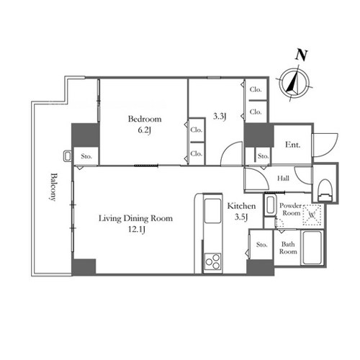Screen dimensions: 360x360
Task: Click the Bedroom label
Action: (x=145, y=119)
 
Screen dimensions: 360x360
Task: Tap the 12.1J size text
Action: (x=136, y=230)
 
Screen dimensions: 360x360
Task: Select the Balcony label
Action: (x=53, y=187)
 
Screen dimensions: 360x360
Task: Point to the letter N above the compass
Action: (x=301, y=55)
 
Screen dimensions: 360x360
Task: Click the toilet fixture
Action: (x=326, y=190)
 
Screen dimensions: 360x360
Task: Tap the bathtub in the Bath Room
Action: (x=312, y=248)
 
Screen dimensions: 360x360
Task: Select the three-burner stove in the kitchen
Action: (x=212, y=262)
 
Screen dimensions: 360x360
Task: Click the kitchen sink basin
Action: (x=212, y=211)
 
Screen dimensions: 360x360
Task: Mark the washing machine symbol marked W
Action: (x=312, y=215)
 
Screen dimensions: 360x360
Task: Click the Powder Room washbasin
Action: (x=270, y=205)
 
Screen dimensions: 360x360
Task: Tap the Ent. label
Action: (x=292, y=145)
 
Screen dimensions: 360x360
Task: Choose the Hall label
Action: (x=283, y=179)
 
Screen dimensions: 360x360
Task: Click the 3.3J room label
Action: (x=220, y=117)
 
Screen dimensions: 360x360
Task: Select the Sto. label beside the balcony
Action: (x=86, y=156)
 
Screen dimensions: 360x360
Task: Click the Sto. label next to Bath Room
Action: (x=261, y=245)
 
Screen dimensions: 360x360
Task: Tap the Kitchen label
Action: (x=241, y=206)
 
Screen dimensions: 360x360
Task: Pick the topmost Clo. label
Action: (x=256, y=89)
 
